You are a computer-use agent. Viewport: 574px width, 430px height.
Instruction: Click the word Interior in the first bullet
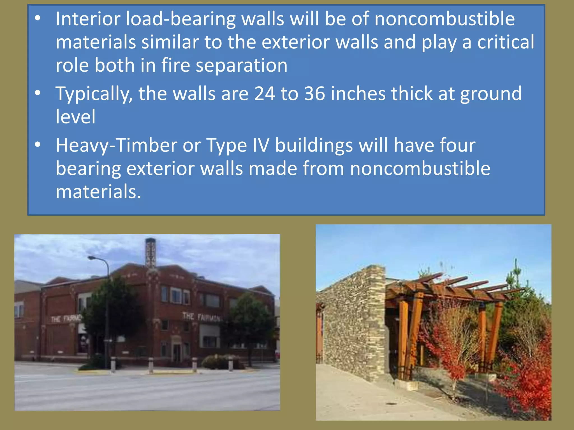(x=88, y=19)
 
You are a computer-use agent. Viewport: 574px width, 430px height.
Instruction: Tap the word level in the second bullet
(x=75, y=116)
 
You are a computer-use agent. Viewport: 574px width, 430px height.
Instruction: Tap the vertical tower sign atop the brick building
(x=151, y=253)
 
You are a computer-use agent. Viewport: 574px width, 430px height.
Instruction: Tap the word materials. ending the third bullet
(x=98, y=192)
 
